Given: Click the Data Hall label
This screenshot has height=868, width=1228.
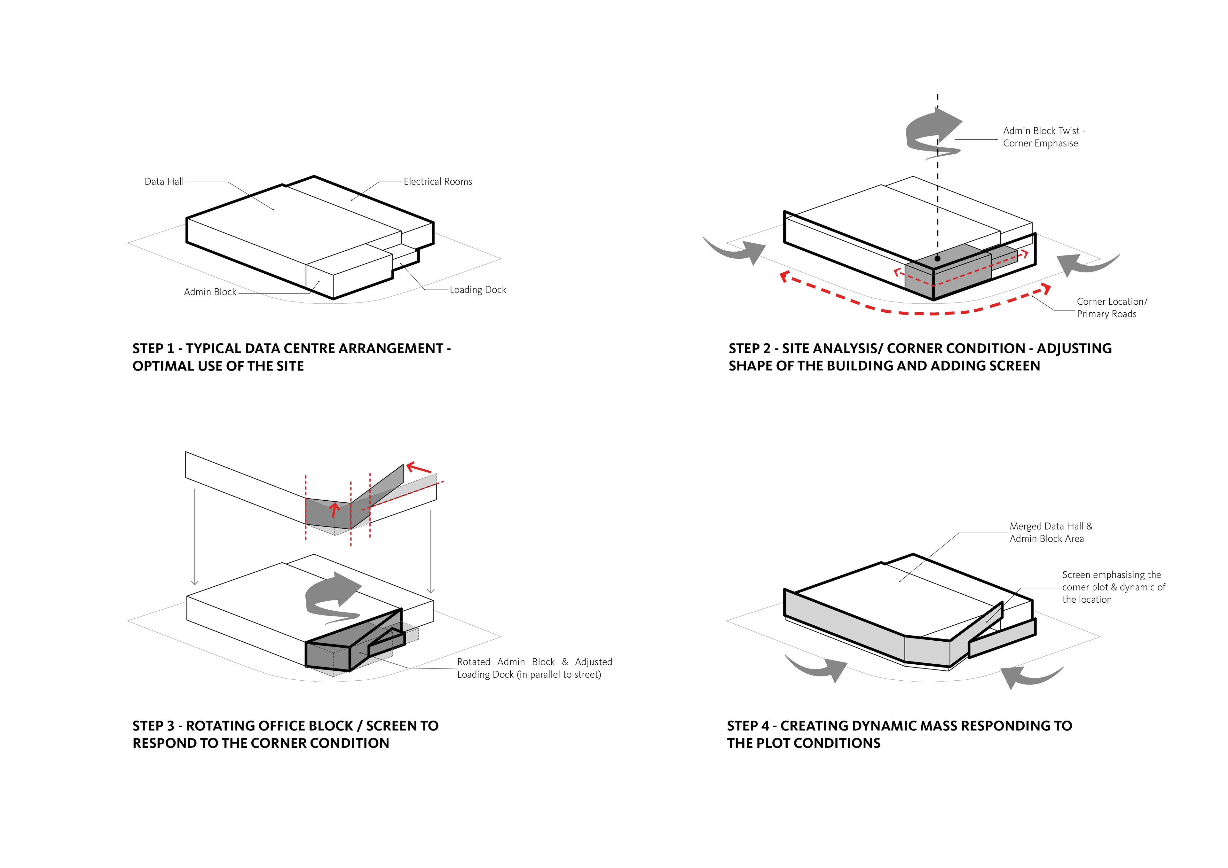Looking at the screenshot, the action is pos(164,182).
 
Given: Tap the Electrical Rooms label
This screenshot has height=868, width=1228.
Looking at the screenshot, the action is pos(437,182).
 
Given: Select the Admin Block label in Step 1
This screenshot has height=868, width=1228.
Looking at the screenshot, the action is pos(210,292).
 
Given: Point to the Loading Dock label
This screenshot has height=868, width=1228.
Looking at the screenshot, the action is pos(478,290).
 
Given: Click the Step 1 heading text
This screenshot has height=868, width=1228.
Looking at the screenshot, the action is pos(291,357).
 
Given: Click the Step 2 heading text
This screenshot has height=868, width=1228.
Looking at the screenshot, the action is pos(920,357).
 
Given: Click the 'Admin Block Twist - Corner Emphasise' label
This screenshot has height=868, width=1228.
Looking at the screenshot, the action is pos(1043,137).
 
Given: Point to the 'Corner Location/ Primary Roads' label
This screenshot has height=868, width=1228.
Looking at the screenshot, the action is pos(1111,308).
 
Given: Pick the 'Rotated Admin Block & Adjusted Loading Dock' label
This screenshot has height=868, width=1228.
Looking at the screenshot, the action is pos(534,668).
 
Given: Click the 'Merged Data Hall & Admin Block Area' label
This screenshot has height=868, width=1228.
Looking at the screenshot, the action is pos(1051,532).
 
